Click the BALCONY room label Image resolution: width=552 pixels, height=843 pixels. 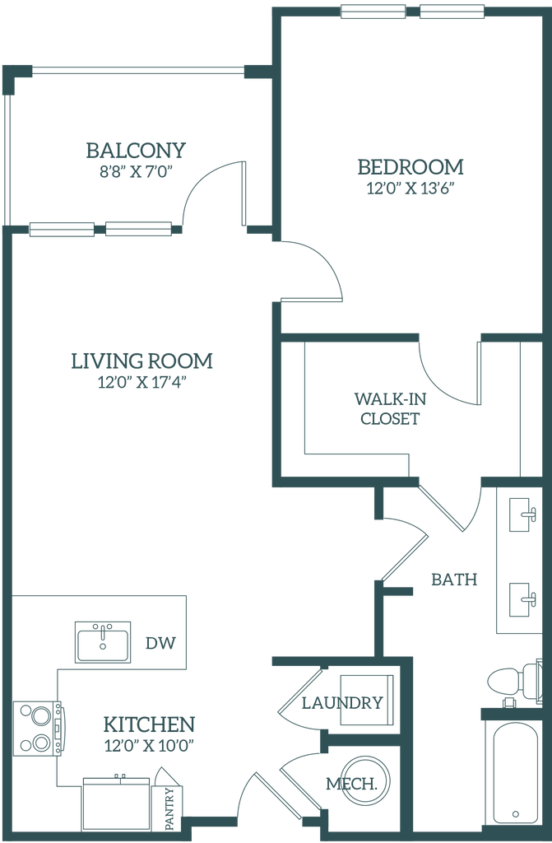pyautogui.click(x=137, y=150)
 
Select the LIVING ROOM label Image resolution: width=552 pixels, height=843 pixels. pyautogui.click(x=142, y=361)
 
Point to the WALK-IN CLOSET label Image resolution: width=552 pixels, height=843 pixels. pyautogui.click(x=389, y=409)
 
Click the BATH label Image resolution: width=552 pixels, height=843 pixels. pyautogui.click(x=454, y=580)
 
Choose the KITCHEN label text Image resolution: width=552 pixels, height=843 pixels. pyautogui.click(x=149, y=725)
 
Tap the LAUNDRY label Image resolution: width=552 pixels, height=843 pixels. pyautogui.click(x=342, y=702)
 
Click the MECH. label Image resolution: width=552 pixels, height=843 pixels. pyautogui.click(x=351, y=782)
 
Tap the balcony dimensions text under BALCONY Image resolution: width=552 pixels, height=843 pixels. pyautogui.click(x=137, y=173)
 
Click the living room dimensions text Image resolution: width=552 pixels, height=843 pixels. pyautogui.click(x=141, y=383)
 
